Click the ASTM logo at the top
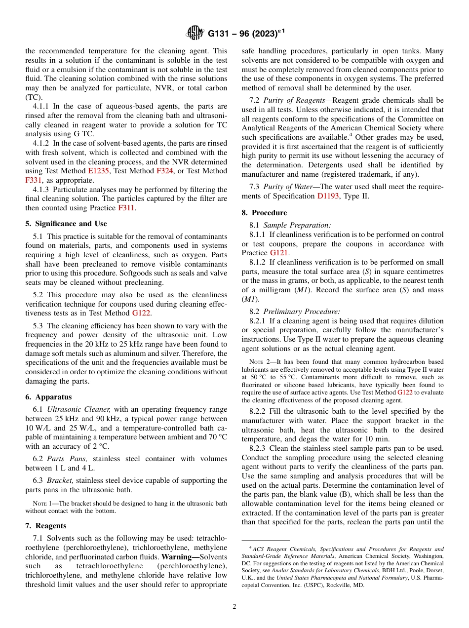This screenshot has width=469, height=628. pyautogui.click(x=195, y=33)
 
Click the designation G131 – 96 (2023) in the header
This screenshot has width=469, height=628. pyautogui.click(x=245, y=34)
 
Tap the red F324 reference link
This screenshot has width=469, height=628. pyautogui.click(x=164, y=171)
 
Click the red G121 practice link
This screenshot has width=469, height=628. pyautogui.click(x=279, y=253)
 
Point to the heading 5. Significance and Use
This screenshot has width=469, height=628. pyautogui.click(x=66, y=224)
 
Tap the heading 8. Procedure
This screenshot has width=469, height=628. pyautogui.click(x=264, y=213)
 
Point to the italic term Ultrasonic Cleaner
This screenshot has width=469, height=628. pyautogui.click(x=78, y=409)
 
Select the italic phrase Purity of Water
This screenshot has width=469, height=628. pyautogui.click(x=288, y=187)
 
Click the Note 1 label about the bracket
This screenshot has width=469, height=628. pyautogui.click(x=42, y=504)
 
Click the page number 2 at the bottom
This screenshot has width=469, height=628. pyautogui.click(x=234, y=607)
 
